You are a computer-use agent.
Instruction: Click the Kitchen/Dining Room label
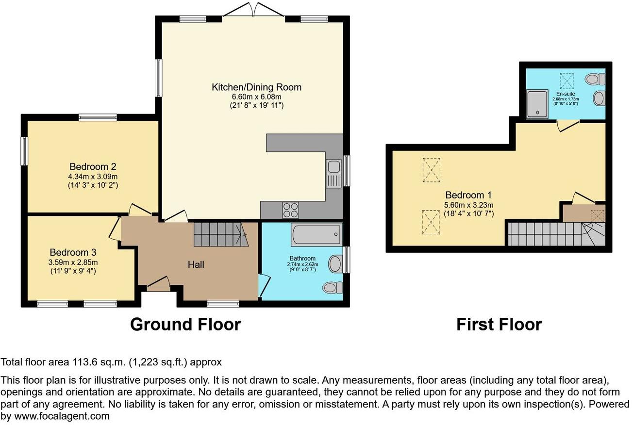(x=257, y=87)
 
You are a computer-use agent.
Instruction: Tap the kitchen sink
(x=334, y=174)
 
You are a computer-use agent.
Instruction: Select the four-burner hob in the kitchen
(x=290, y=210)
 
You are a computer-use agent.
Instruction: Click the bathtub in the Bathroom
(x=317, y=234)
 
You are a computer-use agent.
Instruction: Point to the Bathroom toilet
(x=333, y=288)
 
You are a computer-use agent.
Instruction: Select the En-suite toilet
(x=595, y=79)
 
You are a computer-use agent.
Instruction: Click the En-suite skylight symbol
(x=567, y=81)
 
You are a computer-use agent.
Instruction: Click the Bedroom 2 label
(x=93, y=166)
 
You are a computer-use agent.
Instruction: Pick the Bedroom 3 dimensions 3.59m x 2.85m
(x=73, y=262)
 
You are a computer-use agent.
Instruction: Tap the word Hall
(x=196, y=264)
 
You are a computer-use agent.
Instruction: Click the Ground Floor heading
(x=185, y=324)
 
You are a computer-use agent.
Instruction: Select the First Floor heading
(x=499, y=324)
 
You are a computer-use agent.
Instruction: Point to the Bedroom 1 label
(x=468, y=195)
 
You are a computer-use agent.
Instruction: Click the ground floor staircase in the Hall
(x=221, y=234)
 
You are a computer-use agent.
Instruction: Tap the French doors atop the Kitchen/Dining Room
(x=254, y=10)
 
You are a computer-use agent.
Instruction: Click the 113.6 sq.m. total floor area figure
(x=99, y=362)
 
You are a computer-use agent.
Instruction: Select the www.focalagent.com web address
(x=62, y=416)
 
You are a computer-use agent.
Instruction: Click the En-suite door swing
(x=568, y=126)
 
